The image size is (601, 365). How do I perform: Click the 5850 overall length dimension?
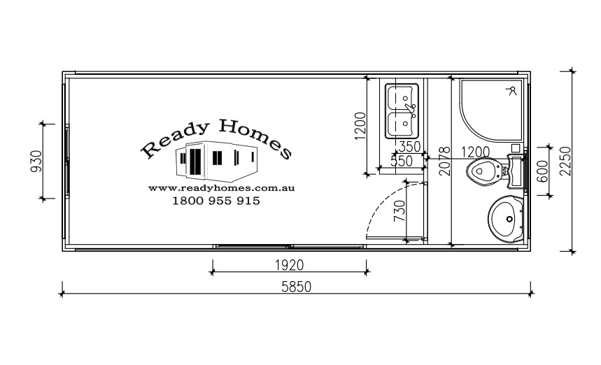(x=296, y=287)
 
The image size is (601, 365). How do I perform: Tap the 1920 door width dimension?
(x=290, y=265)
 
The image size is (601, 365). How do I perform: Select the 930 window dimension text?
(x=36, y=162)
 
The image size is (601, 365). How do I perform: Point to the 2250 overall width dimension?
(x=565, y=161)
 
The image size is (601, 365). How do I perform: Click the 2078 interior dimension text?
(x=444, y=162)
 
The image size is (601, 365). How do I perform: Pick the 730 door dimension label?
(x=400, y=211)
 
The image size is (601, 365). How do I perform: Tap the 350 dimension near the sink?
(x=410, y=146)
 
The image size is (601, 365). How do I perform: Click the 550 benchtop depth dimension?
(x=402, y=161)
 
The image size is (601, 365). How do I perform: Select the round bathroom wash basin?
(x=506, y=219)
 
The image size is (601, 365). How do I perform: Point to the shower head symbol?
(x=512, y=91)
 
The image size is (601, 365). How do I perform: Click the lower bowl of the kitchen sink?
(x=402, y=124)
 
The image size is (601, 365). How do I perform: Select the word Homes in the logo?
(x=255, y=138)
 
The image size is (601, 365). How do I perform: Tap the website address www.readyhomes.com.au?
(x=221, y=188)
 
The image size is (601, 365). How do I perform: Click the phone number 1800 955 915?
(x=216, y=201)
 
